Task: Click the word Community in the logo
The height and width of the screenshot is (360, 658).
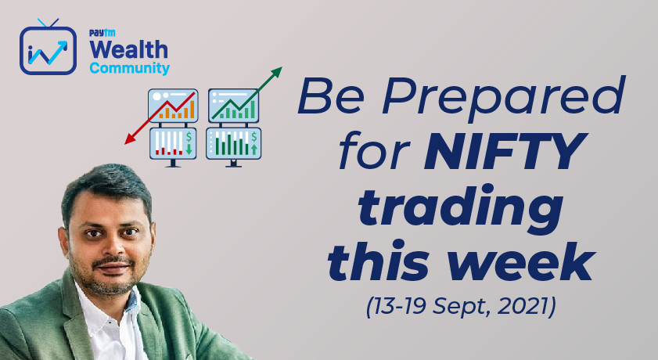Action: pyautogui.click(x=129, y=69)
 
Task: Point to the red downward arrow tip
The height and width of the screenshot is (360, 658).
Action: pyautogui.click(x=128, y=142)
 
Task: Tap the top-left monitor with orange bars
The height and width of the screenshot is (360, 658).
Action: pyautogui.click(x=173, y=106)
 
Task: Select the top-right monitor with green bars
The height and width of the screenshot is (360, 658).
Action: pyautogui.click(x=234, y=106)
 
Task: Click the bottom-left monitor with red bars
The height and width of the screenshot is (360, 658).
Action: pyautogui.click(x=173, y=145)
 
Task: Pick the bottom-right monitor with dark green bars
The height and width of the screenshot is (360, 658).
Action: pyautogui.click(x=234, y=145)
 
